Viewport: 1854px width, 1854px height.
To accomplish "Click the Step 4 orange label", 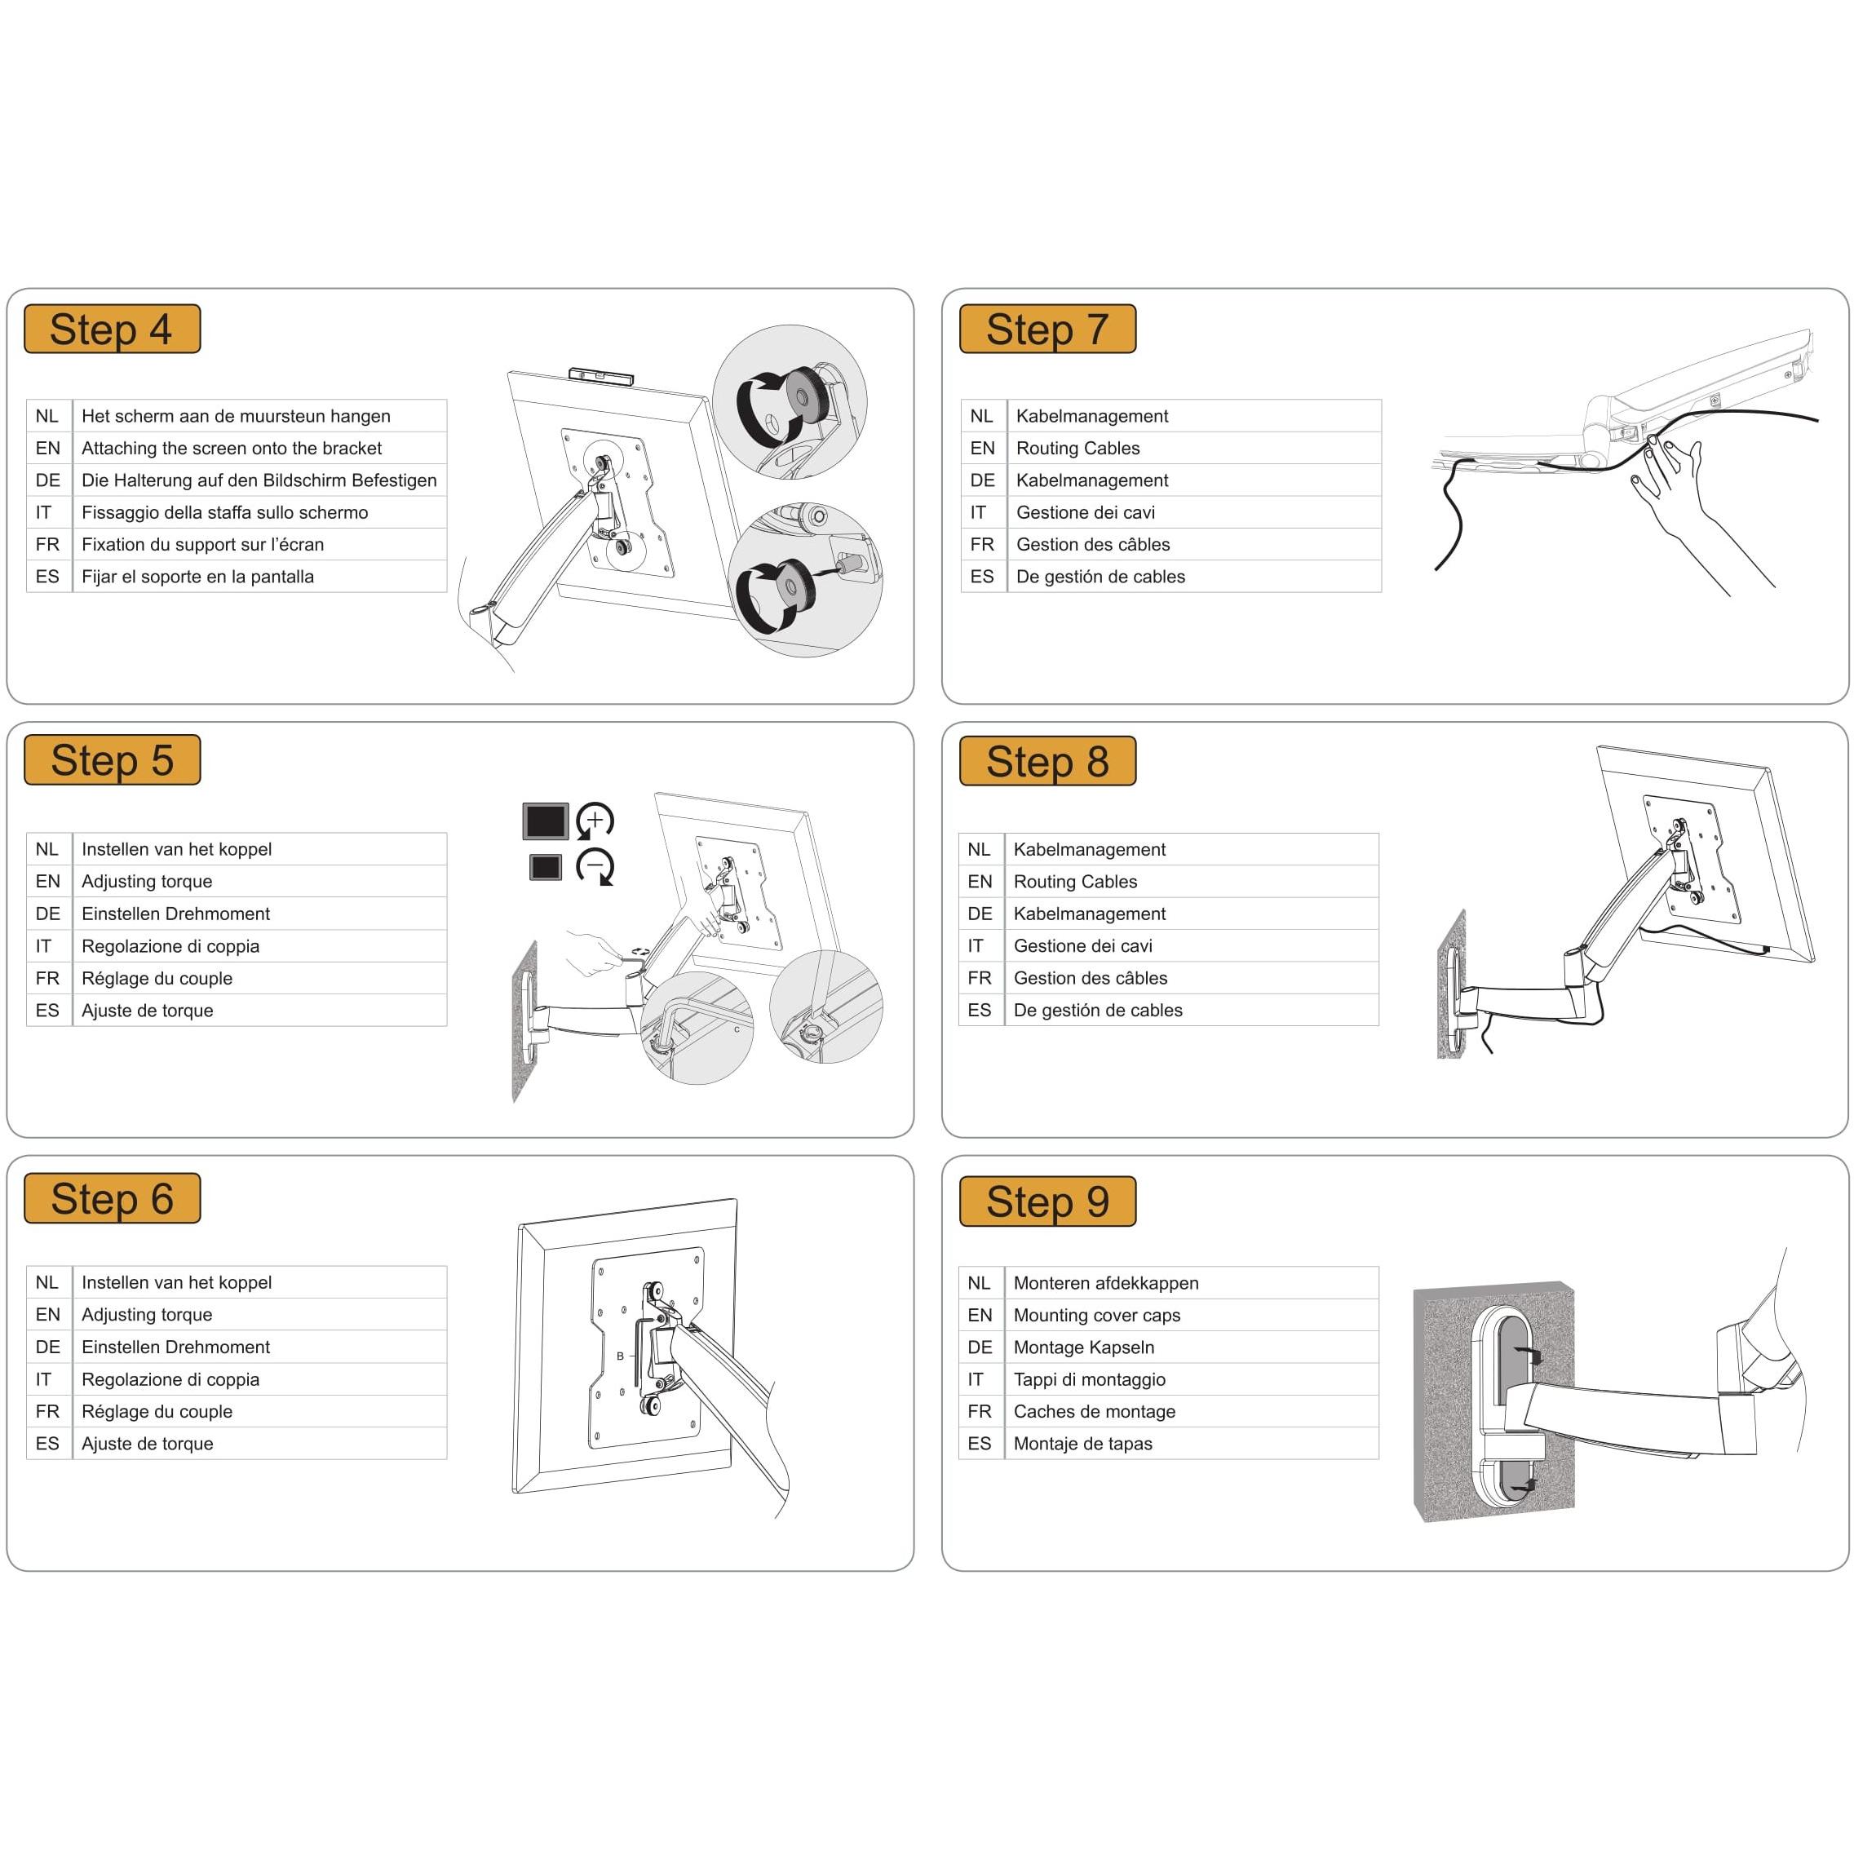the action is point(113,330).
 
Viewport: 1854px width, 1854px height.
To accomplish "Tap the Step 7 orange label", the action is point(1048,330).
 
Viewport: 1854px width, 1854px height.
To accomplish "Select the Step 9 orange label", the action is point(1048,1201).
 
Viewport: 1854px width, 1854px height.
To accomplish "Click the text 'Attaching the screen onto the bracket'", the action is point(232,448).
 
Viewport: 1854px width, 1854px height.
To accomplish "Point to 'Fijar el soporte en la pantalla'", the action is point(197,577).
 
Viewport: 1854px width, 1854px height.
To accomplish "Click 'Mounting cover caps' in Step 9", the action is point(1097,1316).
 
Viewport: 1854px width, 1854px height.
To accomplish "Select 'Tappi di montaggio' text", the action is point(1089,1380).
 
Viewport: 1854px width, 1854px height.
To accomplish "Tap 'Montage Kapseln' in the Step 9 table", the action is point(1083,1347).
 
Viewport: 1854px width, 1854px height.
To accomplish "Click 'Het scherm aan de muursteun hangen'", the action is point(236,417).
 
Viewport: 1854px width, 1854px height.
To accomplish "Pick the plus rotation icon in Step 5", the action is point(595,821).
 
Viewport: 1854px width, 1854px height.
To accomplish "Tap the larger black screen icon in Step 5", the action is point(546,821).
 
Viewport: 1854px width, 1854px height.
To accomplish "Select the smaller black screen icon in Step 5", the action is point(545,866).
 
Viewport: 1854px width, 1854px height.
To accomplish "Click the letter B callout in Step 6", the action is point(620,1356).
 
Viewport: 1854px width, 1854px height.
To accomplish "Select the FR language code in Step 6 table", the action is point(48,1412).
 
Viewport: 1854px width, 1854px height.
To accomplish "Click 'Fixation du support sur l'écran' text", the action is point(202,545).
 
